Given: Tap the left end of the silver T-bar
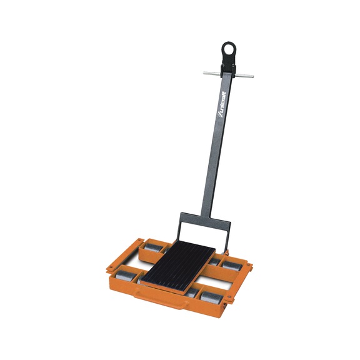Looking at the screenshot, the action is click(204, 72).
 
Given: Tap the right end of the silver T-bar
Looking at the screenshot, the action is click(252, 76).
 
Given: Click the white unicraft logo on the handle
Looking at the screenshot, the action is click(222, 104).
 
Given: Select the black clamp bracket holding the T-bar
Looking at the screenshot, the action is click(229, 68).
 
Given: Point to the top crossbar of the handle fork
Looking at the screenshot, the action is click(205, 221).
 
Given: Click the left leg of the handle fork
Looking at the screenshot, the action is click(179, 230).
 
